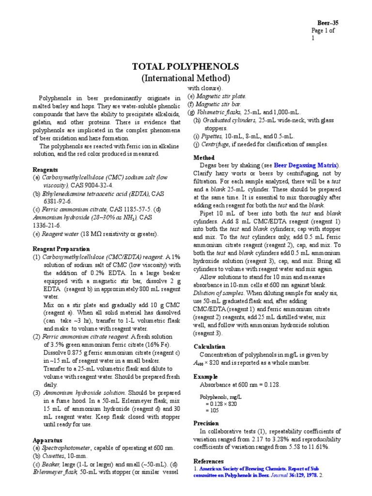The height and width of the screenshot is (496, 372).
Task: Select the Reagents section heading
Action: pos(45,170)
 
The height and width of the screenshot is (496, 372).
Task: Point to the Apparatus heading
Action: pos(47,440)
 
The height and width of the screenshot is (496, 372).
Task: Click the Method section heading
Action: pos(204,158)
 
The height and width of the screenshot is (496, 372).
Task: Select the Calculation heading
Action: pos(209,346)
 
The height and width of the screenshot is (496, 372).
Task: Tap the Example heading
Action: pos(205,376)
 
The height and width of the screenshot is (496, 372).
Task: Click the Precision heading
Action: pos(207,423)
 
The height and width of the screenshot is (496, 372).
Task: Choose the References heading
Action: pos(208,461)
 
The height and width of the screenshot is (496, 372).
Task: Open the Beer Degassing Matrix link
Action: pos(306,165)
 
